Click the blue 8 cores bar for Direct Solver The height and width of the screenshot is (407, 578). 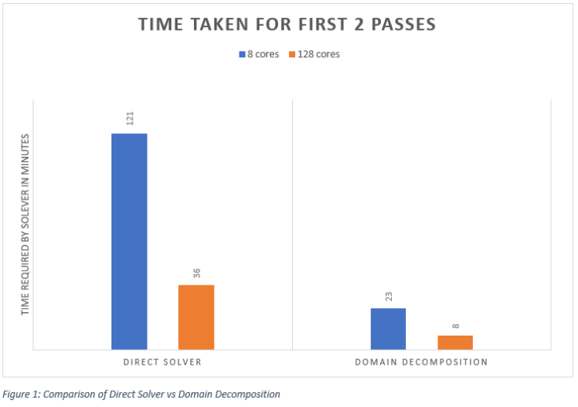[x=129, y=241]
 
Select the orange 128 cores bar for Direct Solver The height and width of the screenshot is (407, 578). [x=196, y=317]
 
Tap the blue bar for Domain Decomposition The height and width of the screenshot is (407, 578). [x=388, y=329]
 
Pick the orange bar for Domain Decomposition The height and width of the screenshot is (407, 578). [x=455, y=342]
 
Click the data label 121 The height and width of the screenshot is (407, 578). [x=130, y=118]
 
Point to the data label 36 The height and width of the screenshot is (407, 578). [x=197, y=273]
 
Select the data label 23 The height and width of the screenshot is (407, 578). [x=389, y=296]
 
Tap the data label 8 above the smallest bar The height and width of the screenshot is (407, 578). [x=455, y=325]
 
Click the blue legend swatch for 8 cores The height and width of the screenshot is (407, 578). [x=242, y=55]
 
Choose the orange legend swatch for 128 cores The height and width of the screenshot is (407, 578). [x=291, y=55]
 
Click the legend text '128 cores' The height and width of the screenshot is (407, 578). [x=319, y=55]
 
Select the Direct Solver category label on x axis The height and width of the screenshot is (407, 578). [x=162, y=362]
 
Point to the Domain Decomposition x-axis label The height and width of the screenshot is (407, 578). [x=421, y=362]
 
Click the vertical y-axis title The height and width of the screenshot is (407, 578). [x=25, y=224]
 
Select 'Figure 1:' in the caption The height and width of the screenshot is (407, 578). [x=24, y=394]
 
